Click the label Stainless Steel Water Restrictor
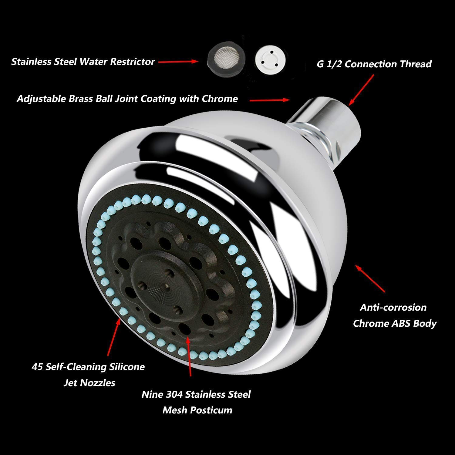tap(83, 62)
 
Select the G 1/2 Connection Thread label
tap(374, 64)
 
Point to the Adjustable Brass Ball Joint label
tap(127, 99)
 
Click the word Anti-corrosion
tap(393, 307)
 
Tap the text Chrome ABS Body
tap(394, 323)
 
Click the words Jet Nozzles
tap(89, 383)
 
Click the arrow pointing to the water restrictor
tap(179, 62)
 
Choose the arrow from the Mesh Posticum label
tap(189, 357)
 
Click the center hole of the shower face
tap(164, 286)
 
